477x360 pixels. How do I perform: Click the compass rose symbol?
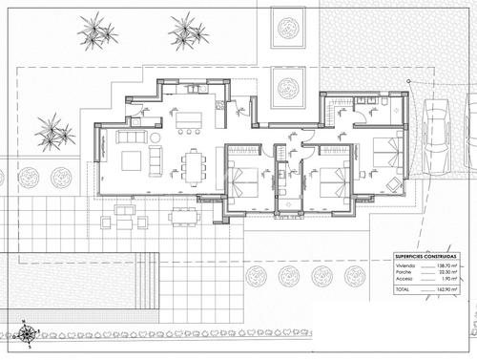(x=29, y=333)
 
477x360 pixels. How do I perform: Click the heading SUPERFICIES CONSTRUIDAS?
(x=427, y=257)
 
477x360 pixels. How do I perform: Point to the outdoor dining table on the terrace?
(x=182, y=216)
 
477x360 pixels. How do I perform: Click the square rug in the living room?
(x=132, y=159)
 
